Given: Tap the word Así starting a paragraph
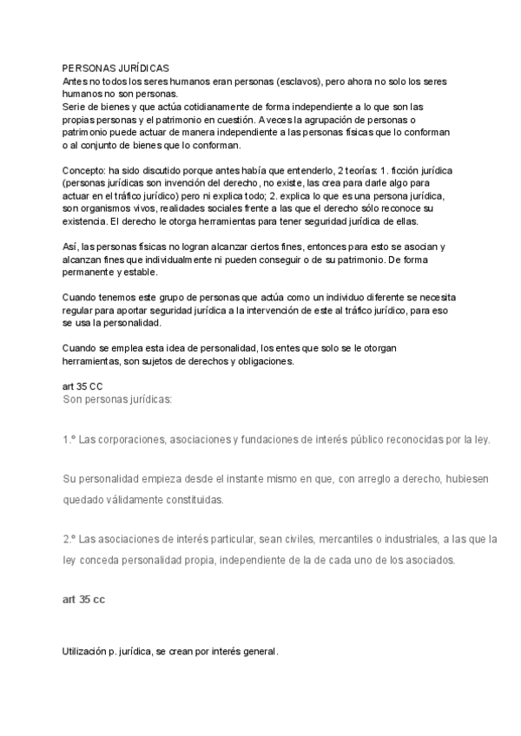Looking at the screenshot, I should pos(70,246).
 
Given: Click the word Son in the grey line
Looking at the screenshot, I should pos(72,400).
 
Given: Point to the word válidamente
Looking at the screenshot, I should pos(139,500).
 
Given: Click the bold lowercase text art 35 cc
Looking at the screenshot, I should pos(84,600).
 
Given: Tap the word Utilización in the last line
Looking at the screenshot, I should pos(89,651).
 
